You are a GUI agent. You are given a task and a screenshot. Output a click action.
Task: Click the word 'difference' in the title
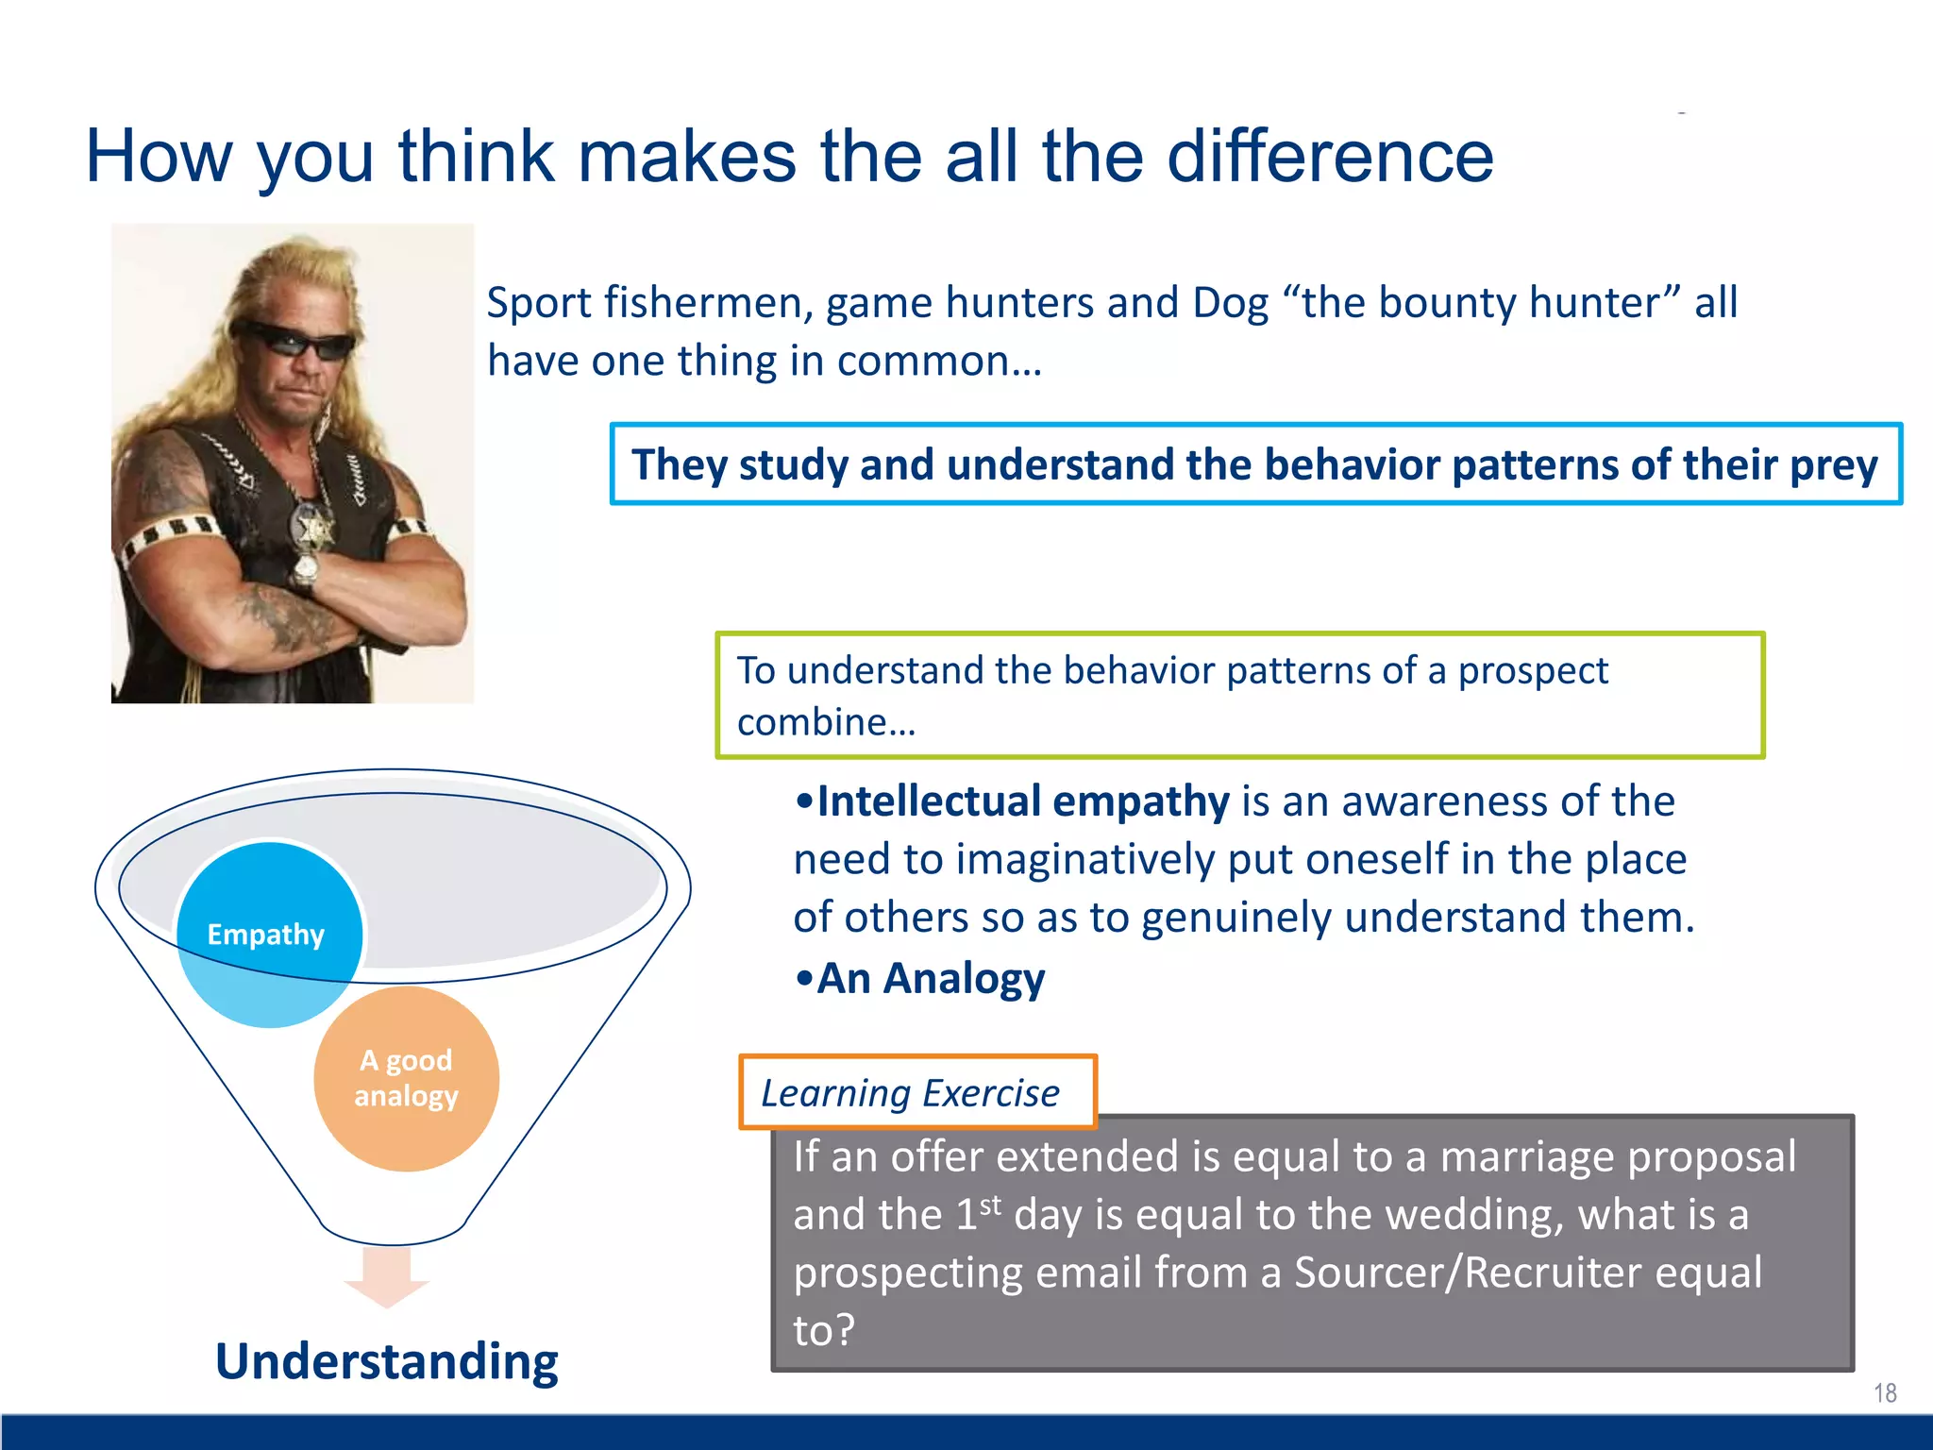coord(1330,157)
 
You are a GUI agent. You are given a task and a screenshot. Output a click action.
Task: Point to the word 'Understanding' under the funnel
coord(387,1362)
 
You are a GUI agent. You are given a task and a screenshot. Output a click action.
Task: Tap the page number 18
coord(1885,1393)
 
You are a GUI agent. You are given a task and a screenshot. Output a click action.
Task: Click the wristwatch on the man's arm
coord(305,570)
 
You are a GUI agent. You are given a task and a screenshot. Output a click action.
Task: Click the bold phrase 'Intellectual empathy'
coord(1022,801)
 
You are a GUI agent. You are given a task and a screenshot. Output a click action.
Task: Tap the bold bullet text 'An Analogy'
coord(930,979)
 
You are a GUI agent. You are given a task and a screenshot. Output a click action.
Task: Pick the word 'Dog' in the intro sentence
coord(1231,304)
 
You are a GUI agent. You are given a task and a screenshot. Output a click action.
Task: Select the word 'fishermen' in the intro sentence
coord(708,304)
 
